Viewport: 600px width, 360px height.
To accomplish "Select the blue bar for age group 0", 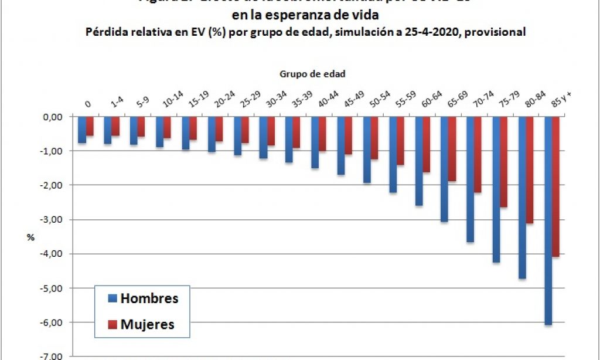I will point(82,130).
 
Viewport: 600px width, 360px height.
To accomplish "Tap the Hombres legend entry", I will point(149,298).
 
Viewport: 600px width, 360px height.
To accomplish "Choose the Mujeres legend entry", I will point(147,324).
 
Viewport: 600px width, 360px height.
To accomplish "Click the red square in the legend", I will point(112,324).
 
